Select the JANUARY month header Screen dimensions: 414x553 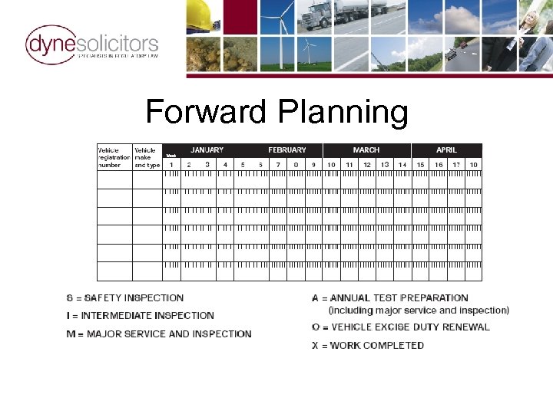pos(207,150)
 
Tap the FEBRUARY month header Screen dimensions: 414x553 pos(287,150)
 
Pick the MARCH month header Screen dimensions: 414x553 pos(366,150)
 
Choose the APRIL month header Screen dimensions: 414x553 pos(446,150)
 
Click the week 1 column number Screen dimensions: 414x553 pos(171,164)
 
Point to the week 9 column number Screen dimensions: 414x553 pos(313,164)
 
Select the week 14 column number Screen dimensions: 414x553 pos(402,164)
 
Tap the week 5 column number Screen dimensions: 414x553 pos(243,164)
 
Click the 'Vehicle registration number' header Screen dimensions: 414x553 pos(114,157)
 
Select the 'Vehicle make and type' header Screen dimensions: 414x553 pos(147,157)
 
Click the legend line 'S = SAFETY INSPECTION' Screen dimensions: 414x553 pos(125,297)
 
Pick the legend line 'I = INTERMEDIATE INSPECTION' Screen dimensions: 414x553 pos(140,315)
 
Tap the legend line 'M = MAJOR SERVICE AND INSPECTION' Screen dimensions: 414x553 pos(159,333)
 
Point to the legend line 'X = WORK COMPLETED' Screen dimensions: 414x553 pos(368,345)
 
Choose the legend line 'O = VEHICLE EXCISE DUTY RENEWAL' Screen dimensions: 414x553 pos(400,327)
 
